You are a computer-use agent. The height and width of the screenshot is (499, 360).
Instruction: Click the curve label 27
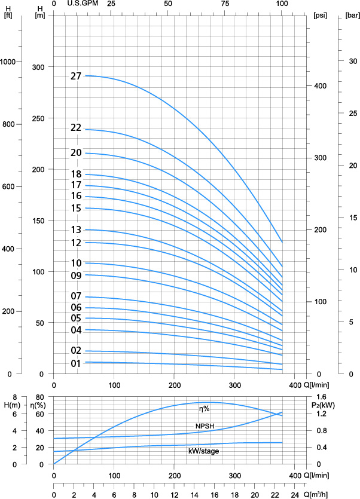[x=75, y=76]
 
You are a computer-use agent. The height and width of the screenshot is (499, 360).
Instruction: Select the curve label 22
[x=75, y=128]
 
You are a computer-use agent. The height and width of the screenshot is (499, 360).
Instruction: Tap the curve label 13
[x=75, y=230]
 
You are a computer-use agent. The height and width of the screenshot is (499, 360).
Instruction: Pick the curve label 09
[x=75, y=275]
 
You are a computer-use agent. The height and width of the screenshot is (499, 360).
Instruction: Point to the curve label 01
[x=75, y=363]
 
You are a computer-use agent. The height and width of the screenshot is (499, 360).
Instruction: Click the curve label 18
[x=75, y=174]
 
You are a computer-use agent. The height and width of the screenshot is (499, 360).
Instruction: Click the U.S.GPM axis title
[x=82, y=4]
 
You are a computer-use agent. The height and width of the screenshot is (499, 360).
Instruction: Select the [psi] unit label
[x=319, y=16]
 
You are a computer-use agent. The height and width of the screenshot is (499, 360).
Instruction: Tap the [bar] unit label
[x=352, y=16]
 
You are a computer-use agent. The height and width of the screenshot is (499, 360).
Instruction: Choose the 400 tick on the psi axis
[x=320, y=86]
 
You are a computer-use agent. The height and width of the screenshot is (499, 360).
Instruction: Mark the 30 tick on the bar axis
[x=353, y=61]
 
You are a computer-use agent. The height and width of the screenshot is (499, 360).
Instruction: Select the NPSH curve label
[x=205, y=426]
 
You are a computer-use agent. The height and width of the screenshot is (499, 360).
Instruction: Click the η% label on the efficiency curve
[x=205, y=409]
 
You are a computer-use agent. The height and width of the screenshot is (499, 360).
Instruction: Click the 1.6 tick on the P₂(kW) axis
[x=321, y=397]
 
